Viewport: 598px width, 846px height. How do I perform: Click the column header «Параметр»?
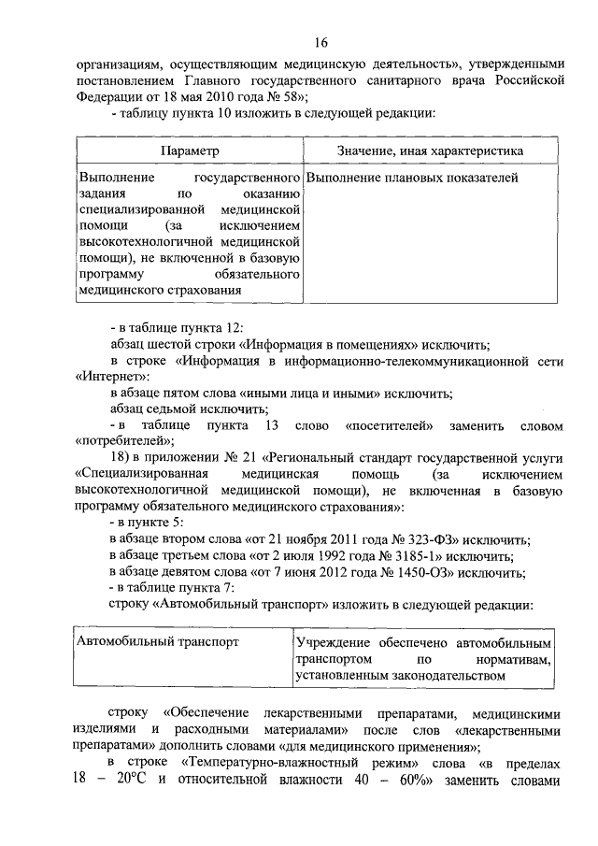coord(190,151)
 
